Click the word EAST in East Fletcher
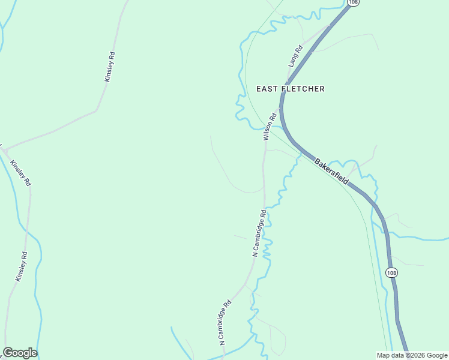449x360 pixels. pyautogui.click(x=267, y=89)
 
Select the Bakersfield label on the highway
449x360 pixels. pyautogui.click(x=331, y=172)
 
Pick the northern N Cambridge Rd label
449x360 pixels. pyautogui.click(x=259, y=233)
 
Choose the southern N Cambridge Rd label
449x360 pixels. pyautogui.click(x=226, y=323)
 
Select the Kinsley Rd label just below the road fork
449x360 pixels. pyautogui.click(x=20, y=173)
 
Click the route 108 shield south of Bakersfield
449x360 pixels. pyautogui.click(x=391, y=273)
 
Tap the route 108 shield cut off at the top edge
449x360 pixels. pyautogui.click(x=354, y=3)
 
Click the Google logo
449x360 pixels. pyautogui.click(x=20, y=353)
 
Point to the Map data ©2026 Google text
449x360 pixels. pyautogui.click(x=411, y=355)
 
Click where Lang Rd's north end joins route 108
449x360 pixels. pyautogui.click(x=330, y=26)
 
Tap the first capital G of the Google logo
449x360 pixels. pyautogui.click(x=8, y=353)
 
